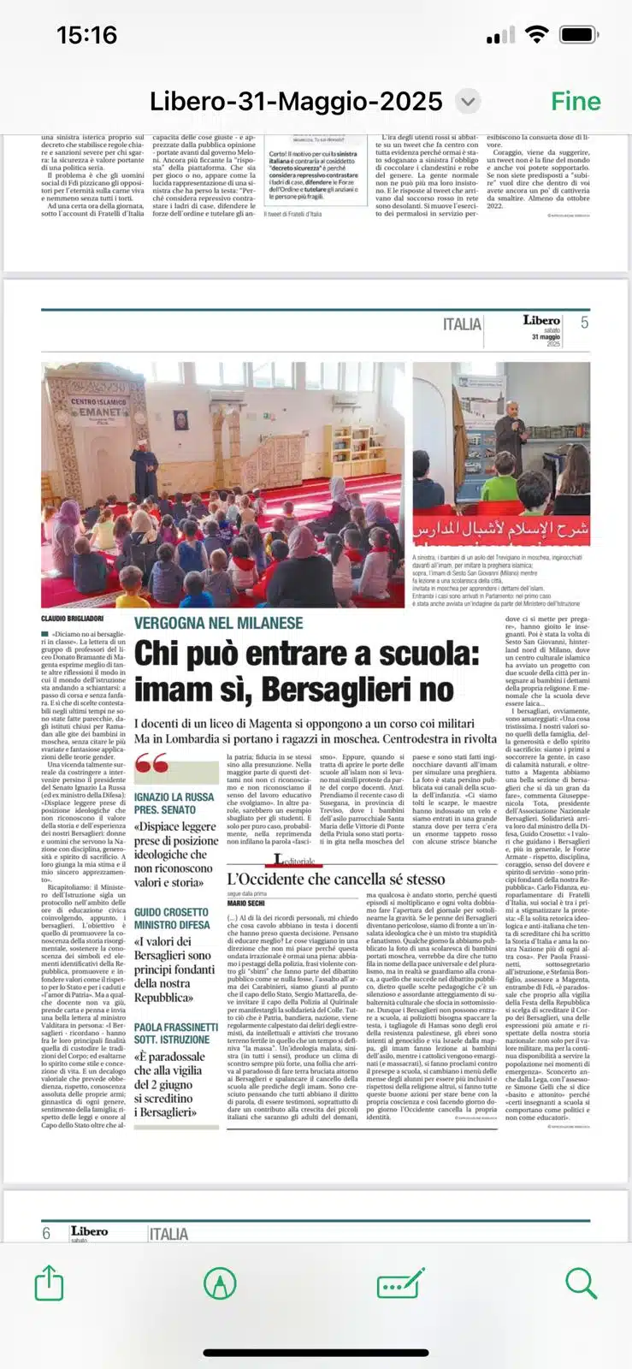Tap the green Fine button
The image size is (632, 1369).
(x=576, y=102)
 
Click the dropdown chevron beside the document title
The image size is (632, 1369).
(x=467, y=102)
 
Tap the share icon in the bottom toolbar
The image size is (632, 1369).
(x=50, y=1283)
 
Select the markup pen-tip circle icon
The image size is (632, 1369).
(x=220, y=1283)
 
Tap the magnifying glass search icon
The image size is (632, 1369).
(x=581, y=1283)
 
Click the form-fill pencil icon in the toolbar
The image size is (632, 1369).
(x=400, y=1283)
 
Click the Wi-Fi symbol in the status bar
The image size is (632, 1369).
(x=536, y=35)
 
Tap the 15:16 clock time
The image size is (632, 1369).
(x=86, y=35)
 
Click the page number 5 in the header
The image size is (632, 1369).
(x=584, y=323)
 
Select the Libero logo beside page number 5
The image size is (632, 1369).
(x=541, y=320)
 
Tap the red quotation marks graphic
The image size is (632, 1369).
(x=151, y=762)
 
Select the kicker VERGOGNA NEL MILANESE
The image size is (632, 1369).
(x=218, y=623)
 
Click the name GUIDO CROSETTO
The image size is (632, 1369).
(x=171, y=913)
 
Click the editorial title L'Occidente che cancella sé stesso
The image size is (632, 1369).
(x=335, y=879)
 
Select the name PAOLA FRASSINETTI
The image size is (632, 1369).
(x=176, y=1027)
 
